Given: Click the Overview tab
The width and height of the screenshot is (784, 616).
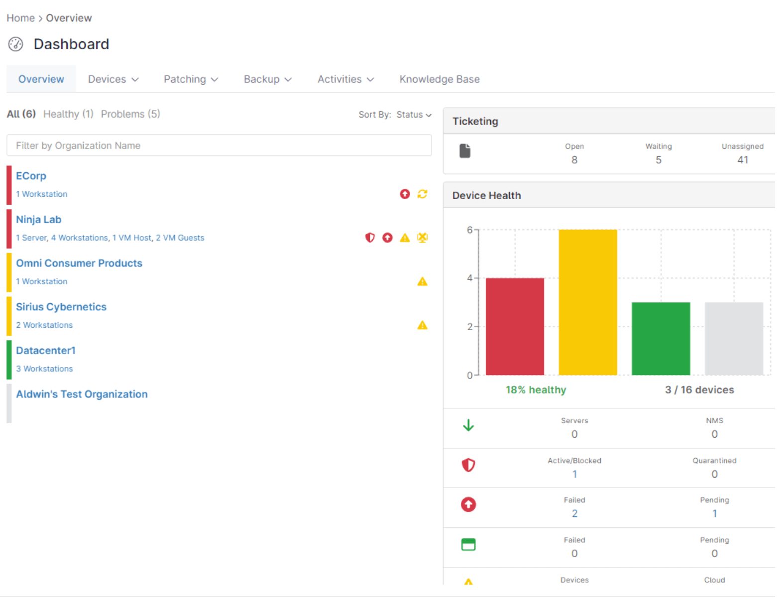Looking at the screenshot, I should [x=41, y=79].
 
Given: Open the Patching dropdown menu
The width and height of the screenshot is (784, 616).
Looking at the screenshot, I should [x=191, y=79].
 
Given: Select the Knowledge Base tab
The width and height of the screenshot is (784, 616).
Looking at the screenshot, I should [x=439, y=79].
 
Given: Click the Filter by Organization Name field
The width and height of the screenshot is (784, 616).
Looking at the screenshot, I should [x=219, y=145].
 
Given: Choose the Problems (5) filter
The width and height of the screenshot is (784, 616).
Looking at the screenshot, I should [x=130, y=114].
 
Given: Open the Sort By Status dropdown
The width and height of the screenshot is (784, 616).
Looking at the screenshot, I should [x=414, y=115].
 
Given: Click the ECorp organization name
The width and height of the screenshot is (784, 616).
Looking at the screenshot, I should [x=31, y=176].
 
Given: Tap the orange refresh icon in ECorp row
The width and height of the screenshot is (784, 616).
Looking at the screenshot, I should [x=422, y=194].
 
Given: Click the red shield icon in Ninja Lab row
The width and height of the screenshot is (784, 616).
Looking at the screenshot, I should [x=370, y=238].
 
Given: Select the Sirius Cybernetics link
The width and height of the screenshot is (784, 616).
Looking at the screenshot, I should [x=61, y=307].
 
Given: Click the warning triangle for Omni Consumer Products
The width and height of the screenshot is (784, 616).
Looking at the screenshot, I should [x=422, y=281].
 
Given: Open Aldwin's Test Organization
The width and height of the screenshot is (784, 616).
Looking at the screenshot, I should [x=82, y=394].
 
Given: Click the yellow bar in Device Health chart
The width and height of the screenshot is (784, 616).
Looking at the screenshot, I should [x=587, y=302].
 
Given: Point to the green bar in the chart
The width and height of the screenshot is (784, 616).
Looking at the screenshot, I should [x=661, y=339].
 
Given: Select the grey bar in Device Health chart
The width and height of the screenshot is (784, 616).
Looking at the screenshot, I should [x=734, y=339].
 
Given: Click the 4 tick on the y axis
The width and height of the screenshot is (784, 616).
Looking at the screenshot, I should [x=469, y=278].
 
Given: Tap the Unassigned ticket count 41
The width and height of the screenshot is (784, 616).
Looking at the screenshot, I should [x=742, y=160].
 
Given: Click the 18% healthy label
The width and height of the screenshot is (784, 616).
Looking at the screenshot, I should [x=536, y=390].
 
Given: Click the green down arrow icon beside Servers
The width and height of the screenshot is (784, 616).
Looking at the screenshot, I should [x=468, y=425].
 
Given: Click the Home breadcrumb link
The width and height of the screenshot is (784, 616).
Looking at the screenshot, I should [x=20, y=18].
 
